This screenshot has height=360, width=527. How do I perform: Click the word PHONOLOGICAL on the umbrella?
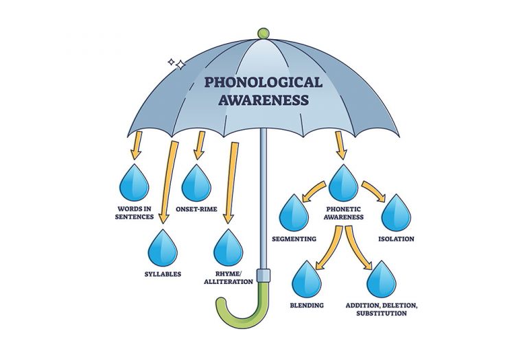(x=263, y=82)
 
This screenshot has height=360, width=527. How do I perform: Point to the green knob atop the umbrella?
(x=262, y=32)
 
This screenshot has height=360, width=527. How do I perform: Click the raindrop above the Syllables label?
(x=163, y=248)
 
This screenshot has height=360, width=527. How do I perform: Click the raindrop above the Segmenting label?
(x=293, y=213)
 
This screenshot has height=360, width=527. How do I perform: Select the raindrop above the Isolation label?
(x=396, y=213)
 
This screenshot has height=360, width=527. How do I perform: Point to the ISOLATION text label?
(x=396, y=239)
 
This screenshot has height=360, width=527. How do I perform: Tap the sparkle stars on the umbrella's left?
(x=176, y=64)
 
